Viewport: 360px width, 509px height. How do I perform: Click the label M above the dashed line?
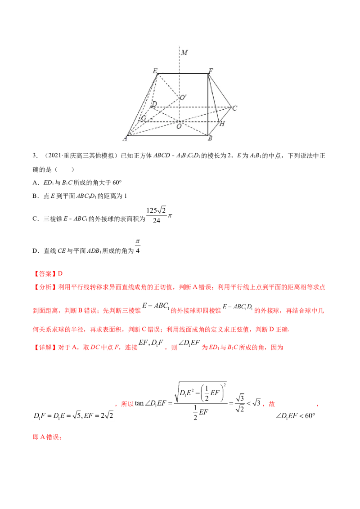(x=184, y=52)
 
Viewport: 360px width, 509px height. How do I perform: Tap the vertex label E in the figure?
(x=155, y=71)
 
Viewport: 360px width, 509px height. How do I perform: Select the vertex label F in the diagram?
(x=211, y=71)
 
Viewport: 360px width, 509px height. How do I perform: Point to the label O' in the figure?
(x=183, y=98)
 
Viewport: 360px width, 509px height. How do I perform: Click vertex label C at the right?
(x=234, y=108)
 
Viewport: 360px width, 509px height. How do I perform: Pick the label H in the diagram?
(x=222, y=124)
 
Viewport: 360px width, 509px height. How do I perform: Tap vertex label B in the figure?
(x=210, y=138)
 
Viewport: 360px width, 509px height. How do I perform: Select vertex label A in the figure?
(x=125, y=139)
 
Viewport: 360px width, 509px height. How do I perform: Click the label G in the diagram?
(x=143, y=118)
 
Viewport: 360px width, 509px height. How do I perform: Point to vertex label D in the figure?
(x=154, y=104)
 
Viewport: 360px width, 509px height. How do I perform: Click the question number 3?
(x=35, y=156)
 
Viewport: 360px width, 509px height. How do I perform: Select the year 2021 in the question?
(x=54, y=156)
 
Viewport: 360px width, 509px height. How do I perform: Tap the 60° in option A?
(x=117, y=183)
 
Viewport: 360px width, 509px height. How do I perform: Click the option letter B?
(x=35, y=196)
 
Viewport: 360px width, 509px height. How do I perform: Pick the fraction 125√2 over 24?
(x=156, y=215)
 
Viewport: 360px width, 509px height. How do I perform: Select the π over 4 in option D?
(x=138, y=246)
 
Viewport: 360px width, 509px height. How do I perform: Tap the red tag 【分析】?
(x=45, y=287)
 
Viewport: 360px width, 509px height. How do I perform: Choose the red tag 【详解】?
(x=45, y=348)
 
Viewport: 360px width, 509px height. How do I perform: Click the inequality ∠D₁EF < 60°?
(x=295, y=416)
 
